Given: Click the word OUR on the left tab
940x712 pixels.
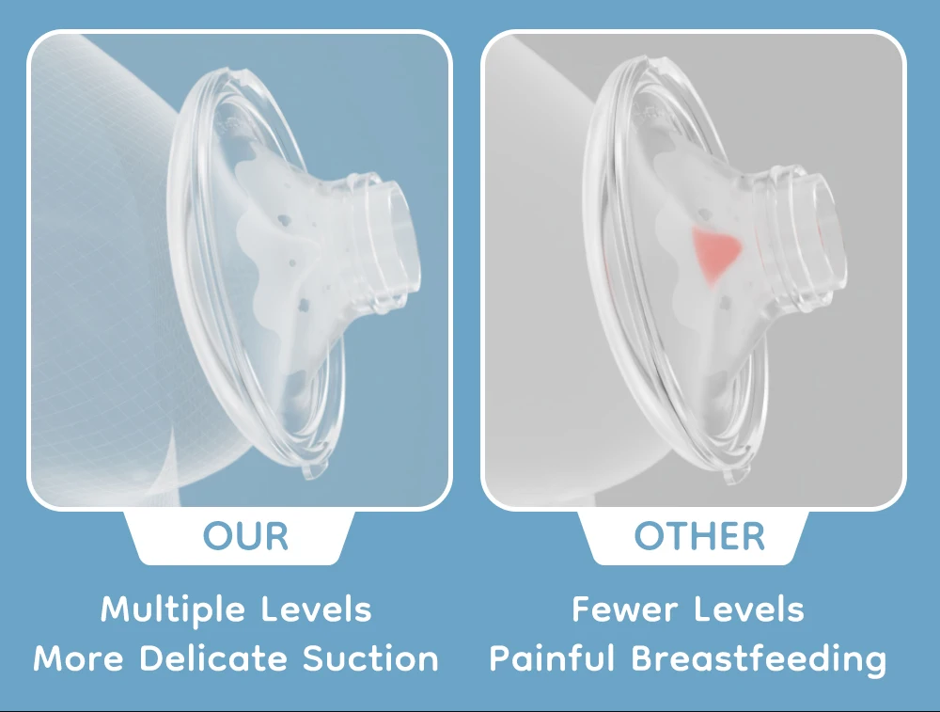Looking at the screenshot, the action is (x=245, y=536).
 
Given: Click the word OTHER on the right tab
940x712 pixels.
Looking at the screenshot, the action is (x=699, y=536).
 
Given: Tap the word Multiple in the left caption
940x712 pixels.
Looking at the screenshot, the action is (x=173, y=610).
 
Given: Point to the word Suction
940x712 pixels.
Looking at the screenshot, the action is (x=370, y=658).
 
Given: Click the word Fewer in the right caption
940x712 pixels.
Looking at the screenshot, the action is (x=626, y=609).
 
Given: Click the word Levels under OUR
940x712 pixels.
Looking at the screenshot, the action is (x=317, y=609).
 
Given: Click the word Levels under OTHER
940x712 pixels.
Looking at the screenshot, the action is (x=749, y=609).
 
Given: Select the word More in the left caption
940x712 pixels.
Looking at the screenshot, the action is (x=79, y=658).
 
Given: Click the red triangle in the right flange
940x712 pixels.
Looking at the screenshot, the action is (x=714, y=252).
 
